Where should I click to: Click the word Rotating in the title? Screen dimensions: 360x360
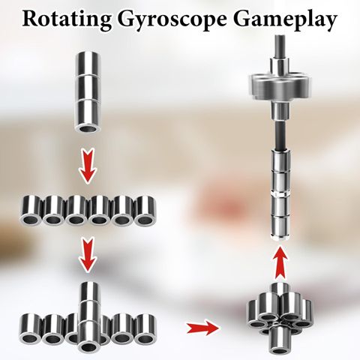pyautogui.click(x=67, y=19)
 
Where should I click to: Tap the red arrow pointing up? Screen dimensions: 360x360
pyautogui.click(x=280, y=262)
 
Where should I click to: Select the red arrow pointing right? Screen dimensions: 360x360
pyautogui.click(x=204, y=327)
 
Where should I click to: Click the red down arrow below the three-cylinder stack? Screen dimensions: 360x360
pyautogui.click(x=87, y=166)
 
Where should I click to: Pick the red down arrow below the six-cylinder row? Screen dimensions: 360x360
pyautogui.click(x=87, y=255)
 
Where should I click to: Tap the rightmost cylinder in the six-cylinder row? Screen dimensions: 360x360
pyautogui.click(x=145, y=210)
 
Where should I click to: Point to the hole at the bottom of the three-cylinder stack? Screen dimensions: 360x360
pyautogui.click(x=88, y=129)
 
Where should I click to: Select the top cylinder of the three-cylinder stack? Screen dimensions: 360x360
pyautogui.click(x=88, y=64)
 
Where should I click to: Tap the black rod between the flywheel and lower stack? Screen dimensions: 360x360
pyautogui.click(x=280, y=135)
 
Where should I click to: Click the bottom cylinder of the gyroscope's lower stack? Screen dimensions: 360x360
pyautogui.click(x=280, y=227)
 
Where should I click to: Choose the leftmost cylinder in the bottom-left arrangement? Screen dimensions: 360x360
pyautogui.click(x=31, y=328)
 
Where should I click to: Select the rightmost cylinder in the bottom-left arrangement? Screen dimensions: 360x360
pyautogui.click(x=145, y=328)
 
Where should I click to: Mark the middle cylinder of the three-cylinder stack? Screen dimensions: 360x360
pyautogui.click(x=88, y=88)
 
